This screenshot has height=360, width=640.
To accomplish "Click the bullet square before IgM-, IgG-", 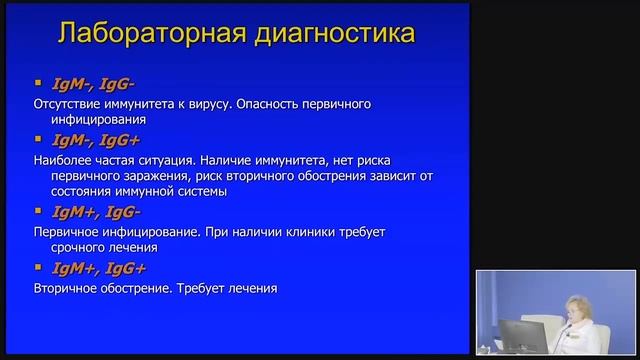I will [39, 83].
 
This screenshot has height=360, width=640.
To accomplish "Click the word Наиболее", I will [61, 159].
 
